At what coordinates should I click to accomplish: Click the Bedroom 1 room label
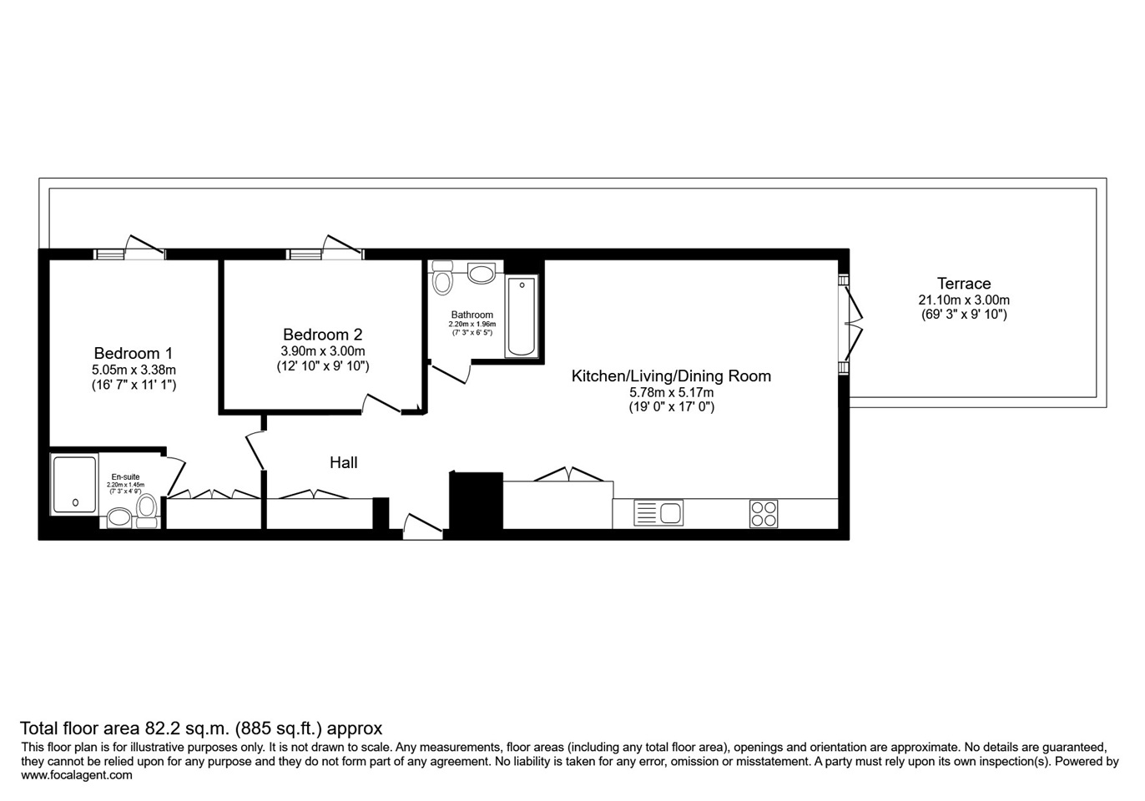[133, 353]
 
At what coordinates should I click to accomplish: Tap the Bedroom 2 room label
[322, 335]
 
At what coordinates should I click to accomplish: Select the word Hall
[343, 462]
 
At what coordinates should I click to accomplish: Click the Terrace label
[963, 284]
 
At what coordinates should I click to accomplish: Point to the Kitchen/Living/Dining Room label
[670, 376]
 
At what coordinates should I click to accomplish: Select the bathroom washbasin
[482, 273]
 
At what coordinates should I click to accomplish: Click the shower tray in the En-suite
[75, 484]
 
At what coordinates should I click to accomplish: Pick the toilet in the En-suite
[147, 511]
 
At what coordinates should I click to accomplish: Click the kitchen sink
[658, 512]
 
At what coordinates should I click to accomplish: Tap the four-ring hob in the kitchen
[763, 513]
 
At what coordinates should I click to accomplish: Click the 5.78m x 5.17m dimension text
[671, 392]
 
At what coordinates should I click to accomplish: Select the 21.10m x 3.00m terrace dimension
[963, 300]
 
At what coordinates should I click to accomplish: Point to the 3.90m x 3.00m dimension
[322, 351]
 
